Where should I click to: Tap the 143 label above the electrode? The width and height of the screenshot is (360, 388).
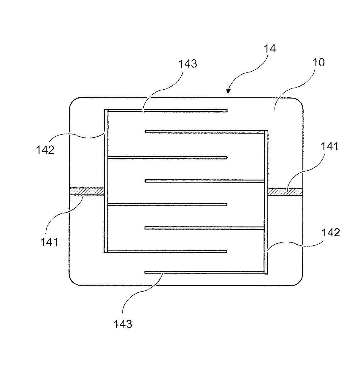click(x=188, y=64)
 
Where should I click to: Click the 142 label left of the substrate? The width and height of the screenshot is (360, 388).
click(x=45, y=150)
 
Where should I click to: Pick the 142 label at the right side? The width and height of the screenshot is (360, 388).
click(x=331, y=232)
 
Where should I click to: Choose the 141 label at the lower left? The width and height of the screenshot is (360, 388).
click(x=49, y=242)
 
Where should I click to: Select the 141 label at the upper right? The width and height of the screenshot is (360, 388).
click(x=330, y=146)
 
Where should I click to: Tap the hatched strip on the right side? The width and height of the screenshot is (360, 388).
click(x=285, y=191)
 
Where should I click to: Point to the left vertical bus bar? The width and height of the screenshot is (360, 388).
click(x=106, y=181)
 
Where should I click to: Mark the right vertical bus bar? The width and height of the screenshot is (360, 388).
click(x=266, y=202)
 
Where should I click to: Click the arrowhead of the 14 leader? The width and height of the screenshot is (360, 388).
click(x=229, y=91)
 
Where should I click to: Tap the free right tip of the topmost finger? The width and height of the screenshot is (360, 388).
click(x=226, y=111)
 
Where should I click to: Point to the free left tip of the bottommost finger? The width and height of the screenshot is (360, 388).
click(x=146, y=273)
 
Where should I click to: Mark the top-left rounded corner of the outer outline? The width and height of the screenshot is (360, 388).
click(x=73, y=101)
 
